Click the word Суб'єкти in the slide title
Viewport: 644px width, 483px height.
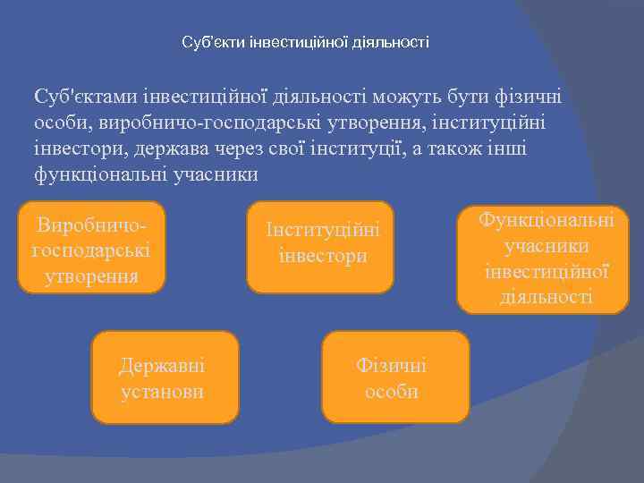(207, 42)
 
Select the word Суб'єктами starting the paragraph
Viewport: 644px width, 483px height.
(88, 97)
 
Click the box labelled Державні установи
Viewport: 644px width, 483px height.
(166, 377)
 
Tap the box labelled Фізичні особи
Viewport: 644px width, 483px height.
(395, 377)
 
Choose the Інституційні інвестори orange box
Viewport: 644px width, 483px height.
(320, 246)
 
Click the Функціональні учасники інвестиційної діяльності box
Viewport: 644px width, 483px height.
(543, 259)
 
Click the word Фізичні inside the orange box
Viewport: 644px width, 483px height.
(392, 365)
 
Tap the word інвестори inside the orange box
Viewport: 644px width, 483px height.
(323, 256)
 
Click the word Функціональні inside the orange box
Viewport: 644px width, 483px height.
(547, 220)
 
